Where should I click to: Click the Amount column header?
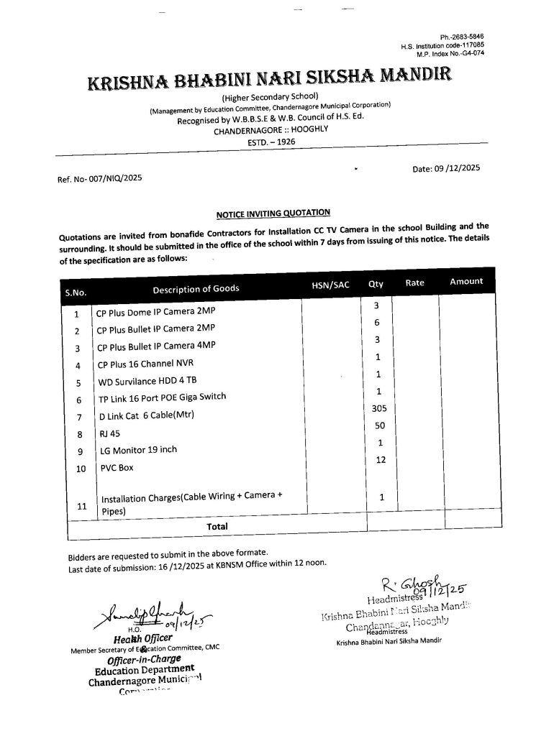(x=465, y=281)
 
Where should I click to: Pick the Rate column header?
(x=415, y=283)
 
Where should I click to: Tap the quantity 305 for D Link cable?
(x=378, y=408)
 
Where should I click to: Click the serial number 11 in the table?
(x=81, y=506)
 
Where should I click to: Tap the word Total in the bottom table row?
(x=217, y=526)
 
